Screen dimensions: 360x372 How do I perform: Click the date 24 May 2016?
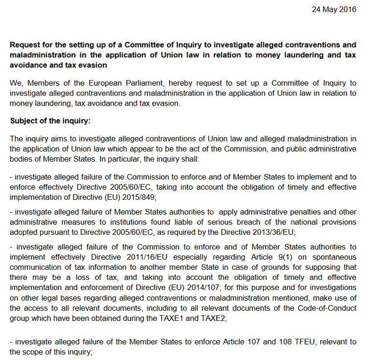tap(333, 9)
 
